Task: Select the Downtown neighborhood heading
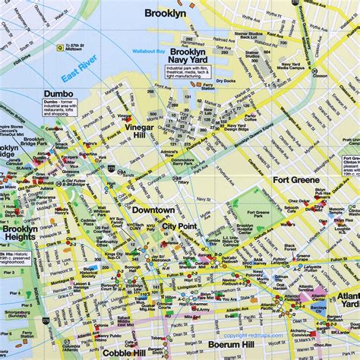(x=153, y=210)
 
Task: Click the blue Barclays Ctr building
(x=317, y=307)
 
